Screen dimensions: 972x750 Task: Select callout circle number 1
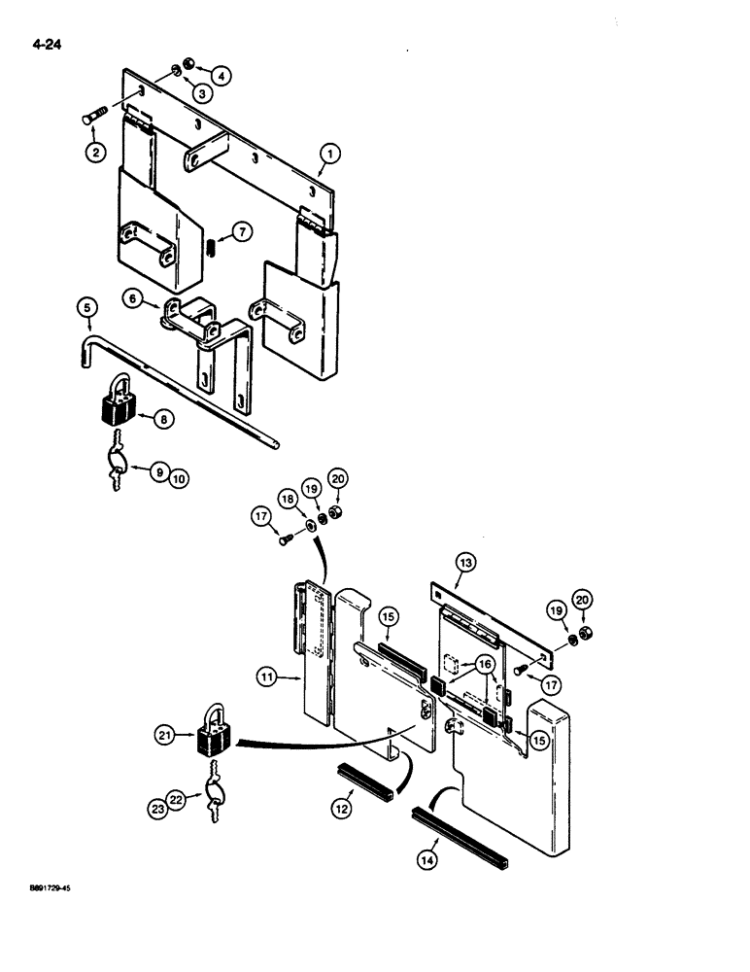click(329, 153)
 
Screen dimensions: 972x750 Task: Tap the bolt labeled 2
click(91, 120)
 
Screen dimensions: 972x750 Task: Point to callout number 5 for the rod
click(88, 310)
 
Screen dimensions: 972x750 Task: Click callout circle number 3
click(199, 93)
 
